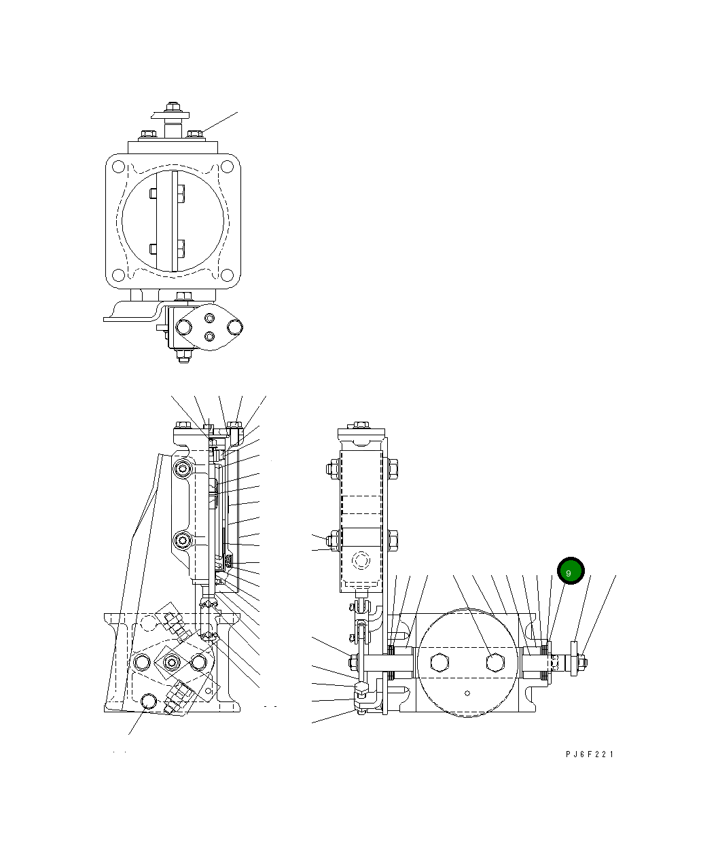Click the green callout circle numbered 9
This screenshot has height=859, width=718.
pos(570,572)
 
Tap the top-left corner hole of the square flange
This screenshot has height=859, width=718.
pos(118,166)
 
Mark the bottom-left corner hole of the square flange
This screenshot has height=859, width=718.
pos(118,275)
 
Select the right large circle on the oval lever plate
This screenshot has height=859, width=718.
pos(236,327)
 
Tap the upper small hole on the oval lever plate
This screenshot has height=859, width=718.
pos(210,317)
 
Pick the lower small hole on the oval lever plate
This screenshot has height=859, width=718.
pos(210,336)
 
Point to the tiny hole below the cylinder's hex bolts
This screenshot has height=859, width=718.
pos(467,693)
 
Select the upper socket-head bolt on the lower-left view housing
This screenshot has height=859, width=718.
pos(182,469)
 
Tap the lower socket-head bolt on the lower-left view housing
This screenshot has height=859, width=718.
pos(182,541)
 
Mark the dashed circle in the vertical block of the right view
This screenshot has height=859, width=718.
pos(361,560)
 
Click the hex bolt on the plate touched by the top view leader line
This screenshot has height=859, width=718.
pos(195,134)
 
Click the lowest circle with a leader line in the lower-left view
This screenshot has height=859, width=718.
pos(149,701)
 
